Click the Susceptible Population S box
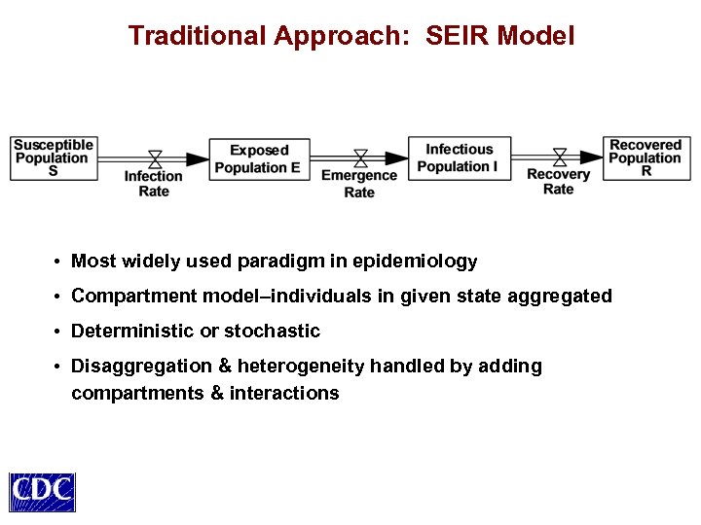click(x=54, y=157)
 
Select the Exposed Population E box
click(x=258, y=158)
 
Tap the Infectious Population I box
click(x=459, y=157)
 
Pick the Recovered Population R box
click(x=646, y=157)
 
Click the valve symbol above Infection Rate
click(x=155, y=158)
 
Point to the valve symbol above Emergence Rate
click(x=360, y=158)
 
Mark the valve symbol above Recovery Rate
click(x=560, y=157)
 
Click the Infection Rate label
click(x=154, y=184)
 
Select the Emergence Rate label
click(x=359, y=184)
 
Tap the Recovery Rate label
click(x=559, y=182)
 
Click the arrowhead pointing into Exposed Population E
click(x=199, y=158)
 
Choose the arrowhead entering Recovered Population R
click(x=593, y=157)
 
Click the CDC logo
click(x=43, y=492)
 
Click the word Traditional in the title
click(x=197, y=37)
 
